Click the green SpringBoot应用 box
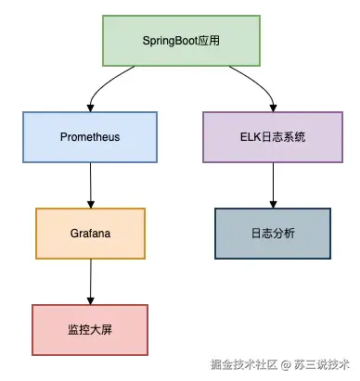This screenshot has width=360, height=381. (x=181, y=42)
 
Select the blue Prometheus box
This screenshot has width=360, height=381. (x=90, y=136)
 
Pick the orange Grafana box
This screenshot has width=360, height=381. (x=90, y=233)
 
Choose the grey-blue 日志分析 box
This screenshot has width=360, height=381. (x=272, y=233)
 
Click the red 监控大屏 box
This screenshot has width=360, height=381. (x=90, y=329)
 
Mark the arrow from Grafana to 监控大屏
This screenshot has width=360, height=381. (x=90, y=280)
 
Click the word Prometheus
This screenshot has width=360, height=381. (x=90, y=136)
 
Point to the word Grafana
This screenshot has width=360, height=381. (x=90, y=233)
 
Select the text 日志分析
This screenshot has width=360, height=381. (x=272, y=233)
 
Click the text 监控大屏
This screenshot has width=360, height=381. (x=90, y=329)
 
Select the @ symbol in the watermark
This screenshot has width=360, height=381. (x=288, y=364)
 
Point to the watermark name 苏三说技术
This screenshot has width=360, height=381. (x=322, y=364)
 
